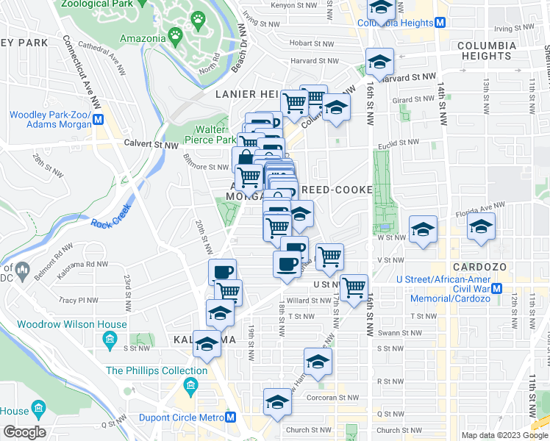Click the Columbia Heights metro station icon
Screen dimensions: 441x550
point(440,23)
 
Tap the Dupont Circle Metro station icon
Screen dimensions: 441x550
point(231,417)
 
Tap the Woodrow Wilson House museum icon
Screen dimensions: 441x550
point(110,339)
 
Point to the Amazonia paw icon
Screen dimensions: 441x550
point(175,35)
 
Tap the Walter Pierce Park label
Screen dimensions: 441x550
point(210,135)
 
